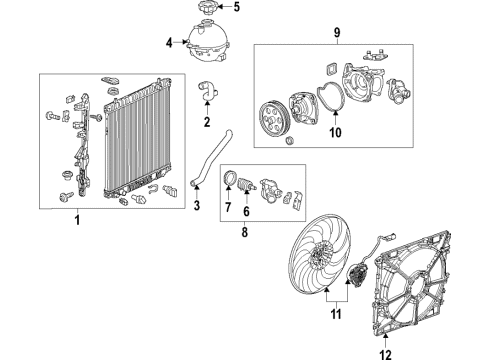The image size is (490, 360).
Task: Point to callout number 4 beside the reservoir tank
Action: pyautogui.click(x=169, y=42)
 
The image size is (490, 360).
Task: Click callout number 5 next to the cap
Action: pyautogui.click(x=237, y=8)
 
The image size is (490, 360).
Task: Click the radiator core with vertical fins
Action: pyautogui.click(x=139, y=139)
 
